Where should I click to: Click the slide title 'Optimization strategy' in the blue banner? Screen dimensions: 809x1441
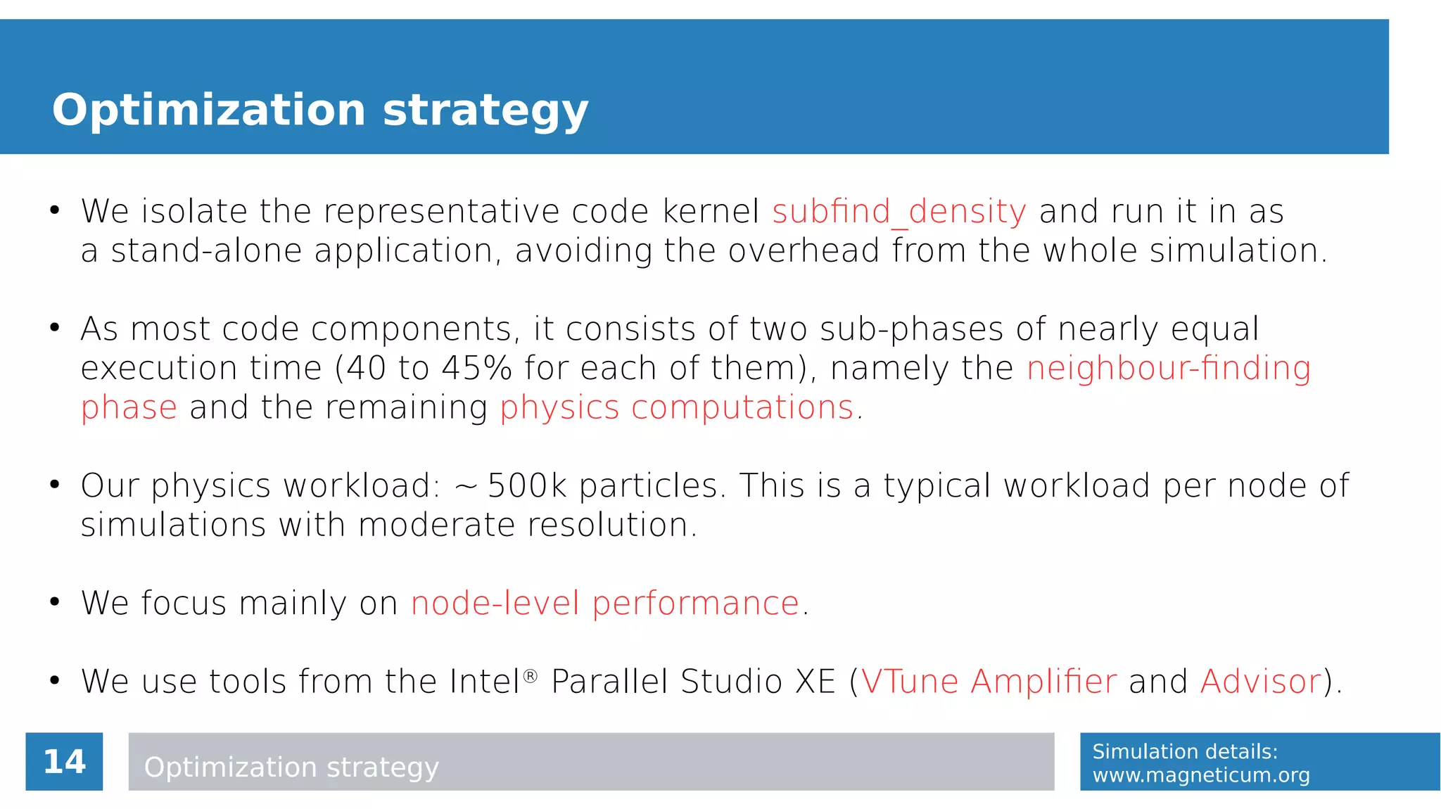(320, 110)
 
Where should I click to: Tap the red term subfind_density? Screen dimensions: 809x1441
(899, 212)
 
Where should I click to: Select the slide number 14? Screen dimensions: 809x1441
(64, 762)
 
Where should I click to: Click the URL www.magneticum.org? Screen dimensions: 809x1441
(1200, 775)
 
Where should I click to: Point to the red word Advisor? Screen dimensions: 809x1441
(1260, 681)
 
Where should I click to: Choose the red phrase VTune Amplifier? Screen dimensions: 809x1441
(989, 681)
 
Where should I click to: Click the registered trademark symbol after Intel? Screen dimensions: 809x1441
(531, 676)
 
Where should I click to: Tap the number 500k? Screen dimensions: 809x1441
(527, 485)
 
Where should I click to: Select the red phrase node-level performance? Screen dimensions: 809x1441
(605, 603)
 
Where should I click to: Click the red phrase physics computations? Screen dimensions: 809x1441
(677, 407)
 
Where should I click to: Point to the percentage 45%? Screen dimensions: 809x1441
(477, 368)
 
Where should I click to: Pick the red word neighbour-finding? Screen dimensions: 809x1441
(1169, 368)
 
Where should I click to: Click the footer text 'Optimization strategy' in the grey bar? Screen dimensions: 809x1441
(291, 767)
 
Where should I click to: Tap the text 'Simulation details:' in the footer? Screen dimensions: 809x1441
(1184, 751)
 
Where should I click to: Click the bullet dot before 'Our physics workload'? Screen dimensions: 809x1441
(54, 485)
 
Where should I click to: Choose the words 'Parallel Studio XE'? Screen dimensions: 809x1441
(693, 681)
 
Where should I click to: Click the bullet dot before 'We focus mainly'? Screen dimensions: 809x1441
(54, 602)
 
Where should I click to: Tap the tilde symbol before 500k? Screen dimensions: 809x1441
(466, 487)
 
